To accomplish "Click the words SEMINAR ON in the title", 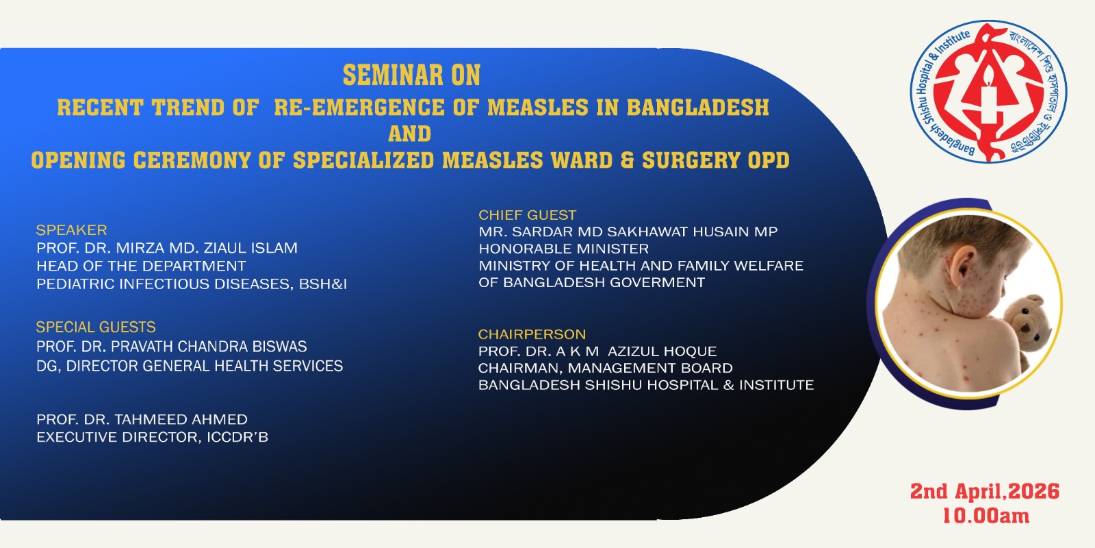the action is (411, 75).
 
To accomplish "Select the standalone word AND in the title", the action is (410, 134).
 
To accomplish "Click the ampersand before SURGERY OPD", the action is (627, 160).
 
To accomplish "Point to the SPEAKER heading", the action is (71, 230).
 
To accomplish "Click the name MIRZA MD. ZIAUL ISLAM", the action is (206, 248).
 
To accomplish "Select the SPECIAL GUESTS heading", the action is (96, 327).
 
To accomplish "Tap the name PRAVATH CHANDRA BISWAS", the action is (209, 347).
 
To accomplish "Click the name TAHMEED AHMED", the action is (181, 419).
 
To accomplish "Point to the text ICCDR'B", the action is (237, 437).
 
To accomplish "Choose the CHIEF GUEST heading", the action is (528, 215).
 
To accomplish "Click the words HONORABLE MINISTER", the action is (564, 249).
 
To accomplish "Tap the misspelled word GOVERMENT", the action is (653, 282).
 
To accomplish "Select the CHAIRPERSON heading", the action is (532, 334).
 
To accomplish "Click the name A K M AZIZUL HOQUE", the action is (636, 351).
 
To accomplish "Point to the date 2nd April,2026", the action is (985, 491).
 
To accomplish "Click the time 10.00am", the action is (985, 516).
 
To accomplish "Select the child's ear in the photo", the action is (962, 267).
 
